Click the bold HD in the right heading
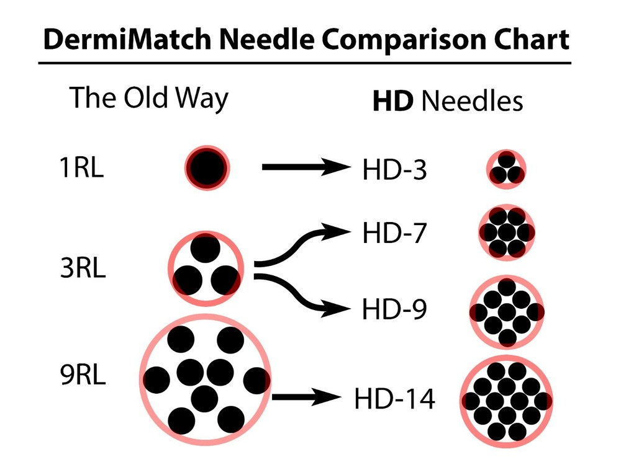point(392,102)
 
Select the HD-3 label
point(394,169)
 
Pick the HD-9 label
point(394,309)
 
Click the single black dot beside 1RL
point(207,167)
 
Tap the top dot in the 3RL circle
point(206,249)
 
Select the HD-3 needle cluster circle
point(507,168)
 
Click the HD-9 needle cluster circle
point(507,310)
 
